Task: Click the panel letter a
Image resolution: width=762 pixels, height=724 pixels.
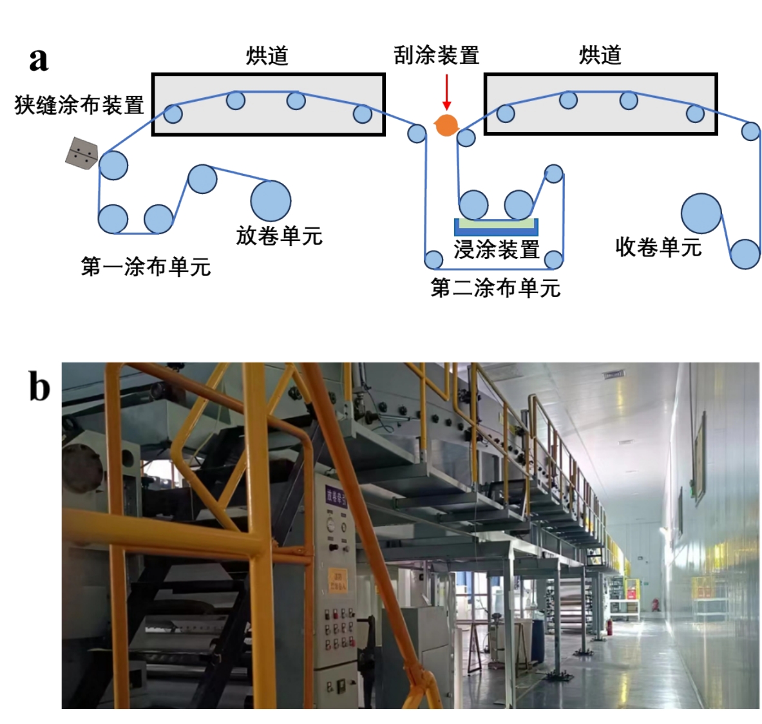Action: point(39,59)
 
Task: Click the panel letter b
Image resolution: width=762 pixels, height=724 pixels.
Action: point(39,388)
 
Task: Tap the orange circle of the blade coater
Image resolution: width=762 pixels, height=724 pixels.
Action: point(446,125)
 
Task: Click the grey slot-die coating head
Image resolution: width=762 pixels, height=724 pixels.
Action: point(82,153)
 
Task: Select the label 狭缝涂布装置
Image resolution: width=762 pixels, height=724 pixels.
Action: point(79,105)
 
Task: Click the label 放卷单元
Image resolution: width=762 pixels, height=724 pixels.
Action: point(279,236)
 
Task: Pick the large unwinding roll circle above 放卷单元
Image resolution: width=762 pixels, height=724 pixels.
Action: point(271,200)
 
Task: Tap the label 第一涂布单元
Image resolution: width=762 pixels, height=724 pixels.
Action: point(146,267)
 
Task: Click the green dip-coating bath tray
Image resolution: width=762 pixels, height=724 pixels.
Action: point(496,224)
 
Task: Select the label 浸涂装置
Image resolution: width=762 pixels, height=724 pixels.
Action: point(496,249)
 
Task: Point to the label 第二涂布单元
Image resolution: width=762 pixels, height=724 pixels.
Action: point(495,288)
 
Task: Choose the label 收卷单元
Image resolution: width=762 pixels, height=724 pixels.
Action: point(658,247)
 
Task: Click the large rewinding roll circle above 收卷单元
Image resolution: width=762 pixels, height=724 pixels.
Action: point(701,213)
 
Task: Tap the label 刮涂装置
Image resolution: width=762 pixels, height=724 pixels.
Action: point(437,55)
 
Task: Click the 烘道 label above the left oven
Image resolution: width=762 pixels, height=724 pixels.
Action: point(267,55)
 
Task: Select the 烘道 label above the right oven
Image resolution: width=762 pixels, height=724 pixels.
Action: point(600,55)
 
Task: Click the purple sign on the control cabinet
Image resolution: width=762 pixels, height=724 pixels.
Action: point(336,497)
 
